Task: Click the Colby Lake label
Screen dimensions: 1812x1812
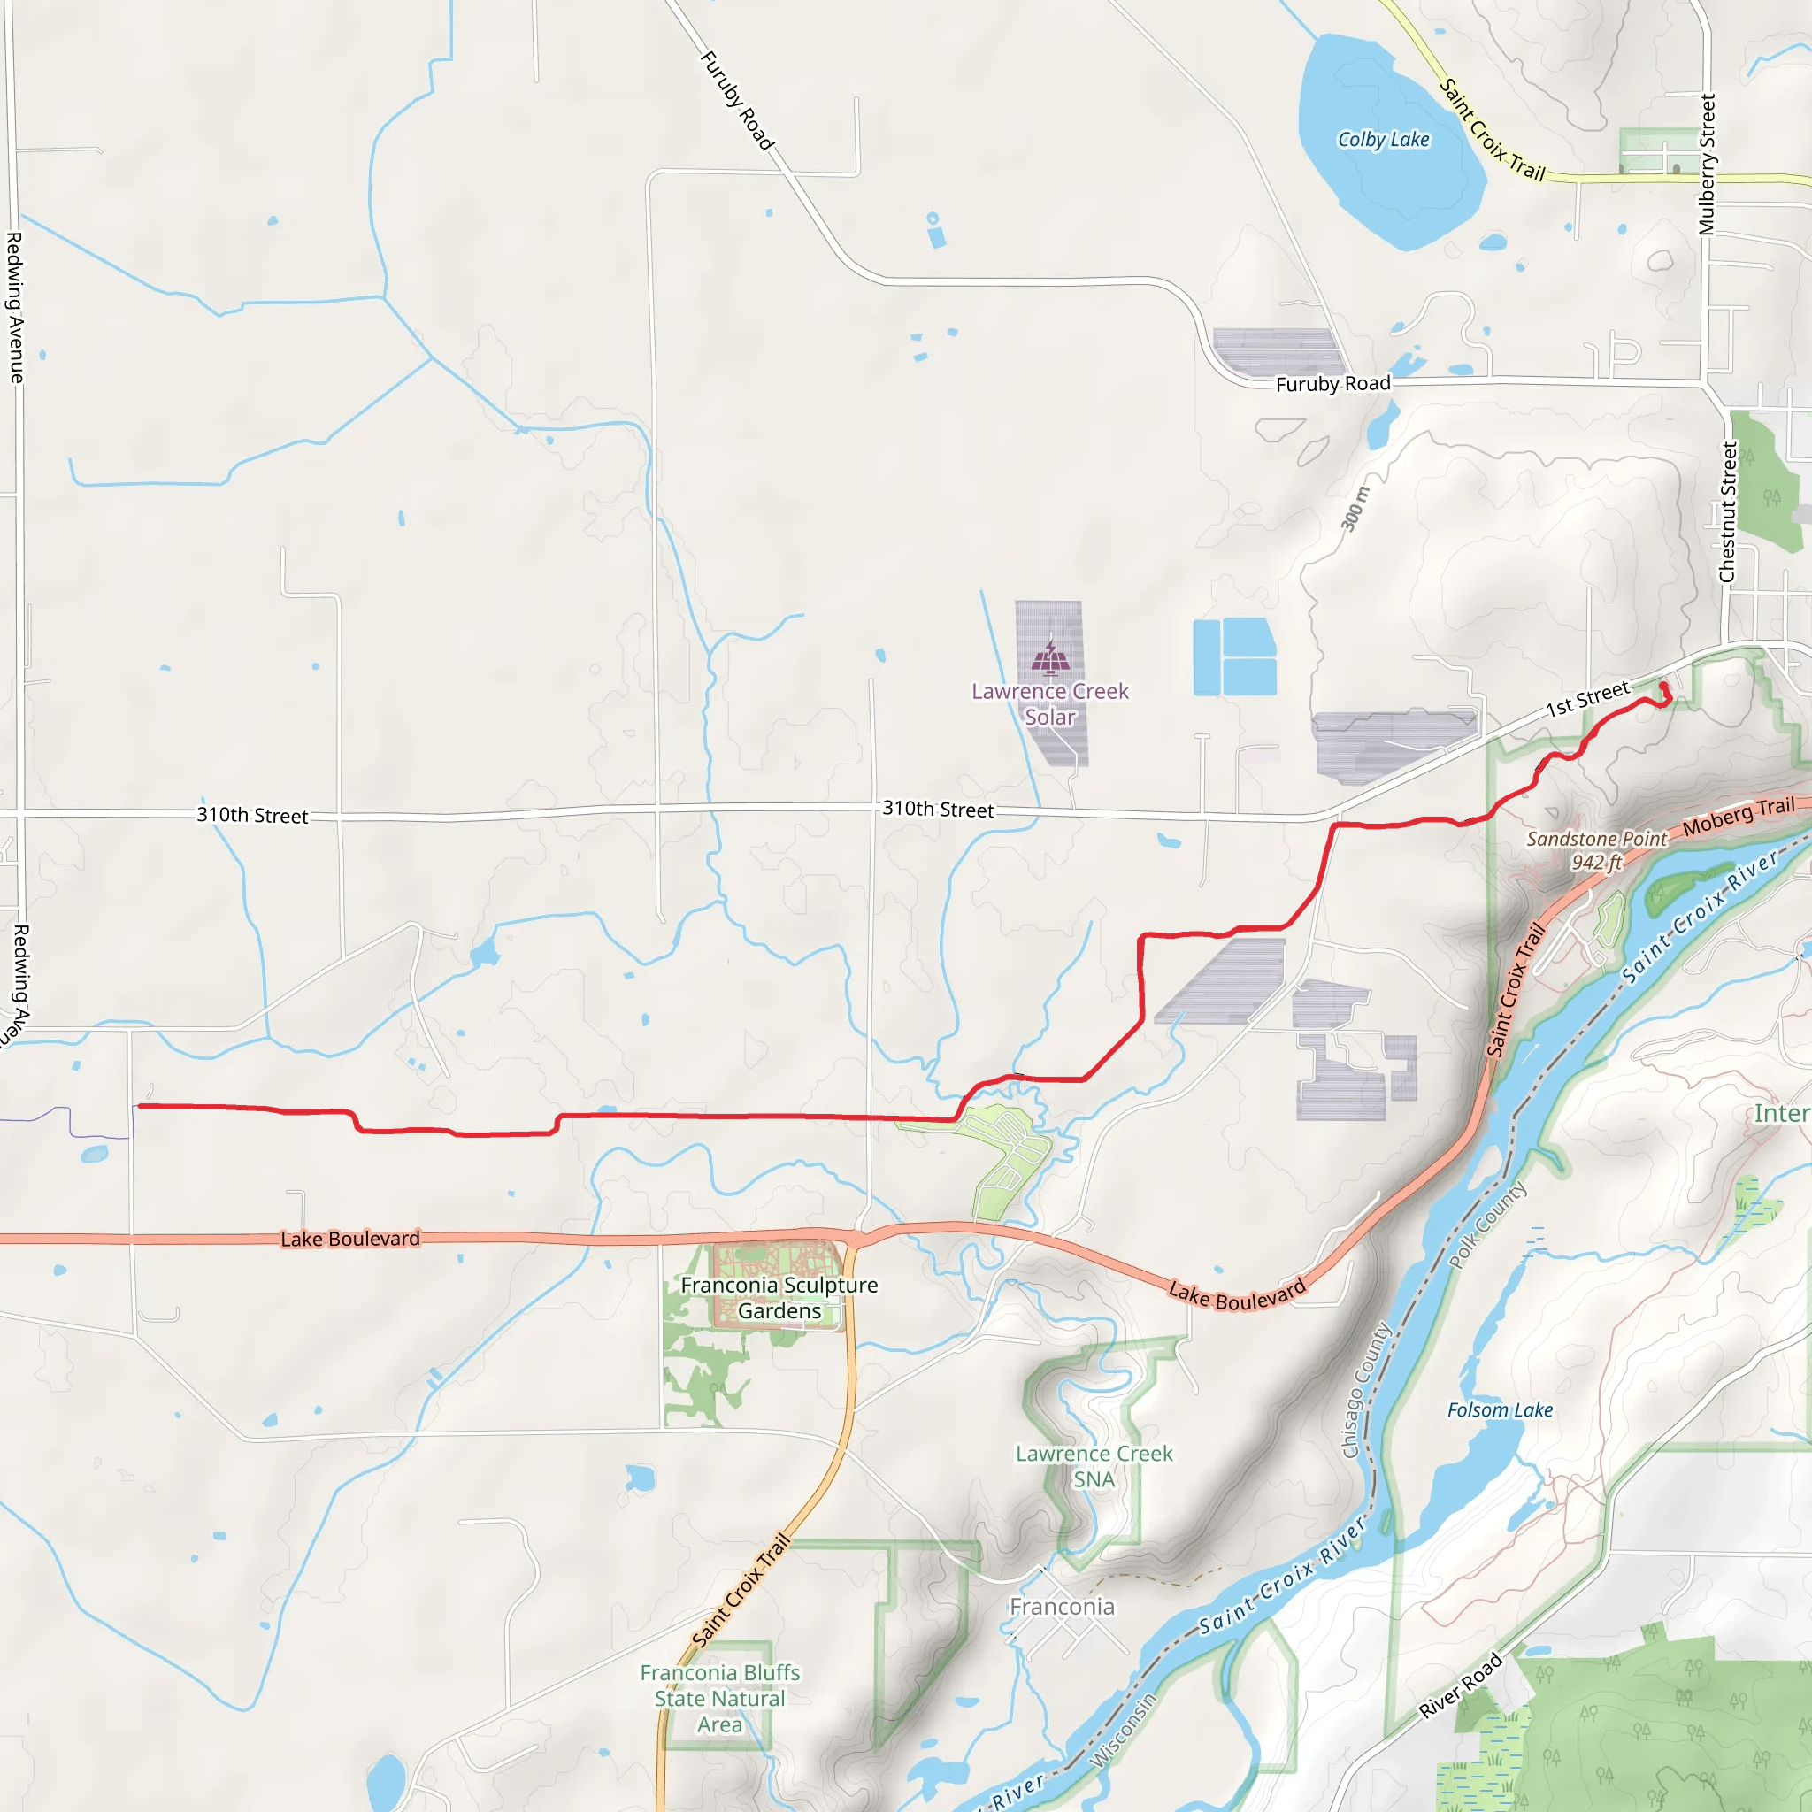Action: [x=1384, y=140]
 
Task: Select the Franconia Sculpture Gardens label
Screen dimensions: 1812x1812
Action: [x=779, y=1298]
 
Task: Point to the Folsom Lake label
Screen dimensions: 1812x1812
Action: [x=1500, y=1410]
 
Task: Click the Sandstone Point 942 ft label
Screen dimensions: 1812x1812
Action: [x=1596, y=850]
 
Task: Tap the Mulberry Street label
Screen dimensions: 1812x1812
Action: [x=1707, y=165]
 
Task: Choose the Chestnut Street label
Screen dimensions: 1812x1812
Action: [x=1728, y=512]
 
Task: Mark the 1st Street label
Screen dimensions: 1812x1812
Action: [x=1588, y=700]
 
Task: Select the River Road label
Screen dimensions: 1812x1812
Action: [x=1460, y=1685]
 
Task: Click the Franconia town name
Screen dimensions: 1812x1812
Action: [x=1062, y=1607]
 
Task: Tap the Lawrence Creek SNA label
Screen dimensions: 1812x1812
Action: [x=1094, y=1466]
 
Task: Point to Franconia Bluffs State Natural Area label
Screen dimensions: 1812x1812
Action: [x=719, y=1699]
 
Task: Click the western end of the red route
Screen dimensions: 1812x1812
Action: [x=139, y=1107]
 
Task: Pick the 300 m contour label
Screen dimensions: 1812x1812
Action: [x=1355, y=510]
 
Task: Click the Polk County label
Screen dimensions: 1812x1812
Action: [x=1487, y=1225]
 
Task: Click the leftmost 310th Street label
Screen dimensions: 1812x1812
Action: [x=252, y=815]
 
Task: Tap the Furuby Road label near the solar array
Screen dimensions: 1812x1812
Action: [x=1332, y=384]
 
